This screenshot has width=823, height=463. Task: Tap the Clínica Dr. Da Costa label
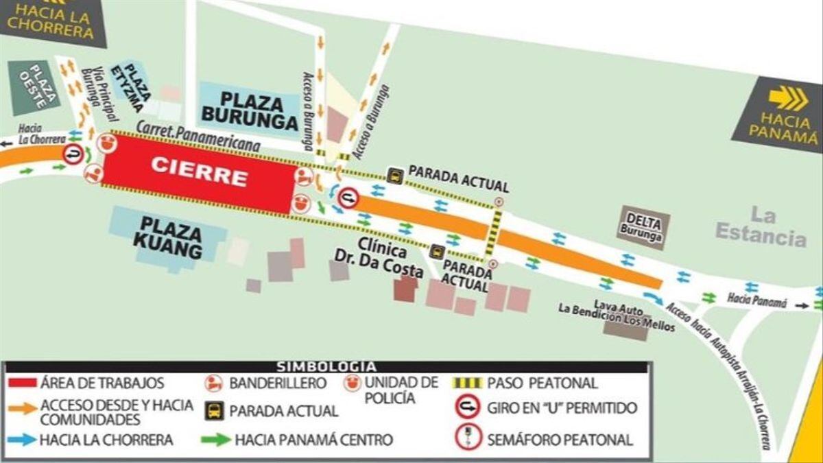(389, 259)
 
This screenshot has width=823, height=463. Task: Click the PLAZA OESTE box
(33, 88)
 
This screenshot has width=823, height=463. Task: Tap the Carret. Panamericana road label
(198, 136)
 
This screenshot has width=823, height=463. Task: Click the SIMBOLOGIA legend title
(326, 367)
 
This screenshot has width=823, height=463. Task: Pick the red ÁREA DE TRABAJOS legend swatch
(22, 383)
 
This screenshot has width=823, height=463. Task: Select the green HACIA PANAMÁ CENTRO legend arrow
(216, 440)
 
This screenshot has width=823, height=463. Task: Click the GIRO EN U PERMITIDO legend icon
(467, 408)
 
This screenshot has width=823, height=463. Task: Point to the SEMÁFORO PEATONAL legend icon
(467, 438)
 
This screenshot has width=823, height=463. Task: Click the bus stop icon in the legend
(215, 411)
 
